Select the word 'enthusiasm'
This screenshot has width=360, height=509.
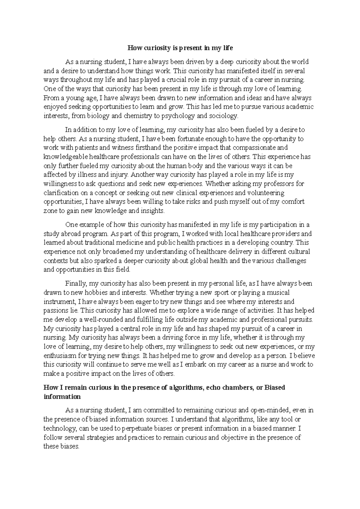61,356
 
